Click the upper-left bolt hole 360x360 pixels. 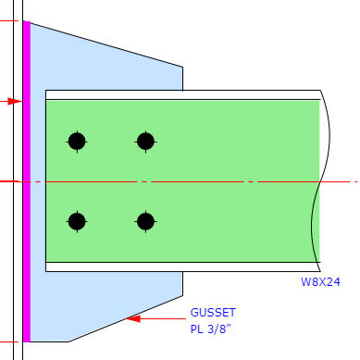(x=77, y=142)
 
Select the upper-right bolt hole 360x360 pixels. (x=145, y=142)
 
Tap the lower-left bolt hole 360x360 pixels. (x=77, y=221)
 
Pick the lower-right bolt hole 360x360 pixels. (x=145, y=221)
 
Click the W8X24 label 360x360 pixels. (x=320, y=282)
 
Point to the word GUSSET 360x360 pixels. (x=213, y=313)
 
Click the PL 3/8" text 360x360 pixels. (x=210, y=329)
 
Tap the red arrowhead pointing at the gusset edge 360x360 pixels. (x=133, y=318)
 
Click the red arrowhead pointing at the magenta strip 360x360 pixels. (x=15, y=101)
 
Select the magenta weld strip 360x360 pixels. (x=27, y=181)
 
